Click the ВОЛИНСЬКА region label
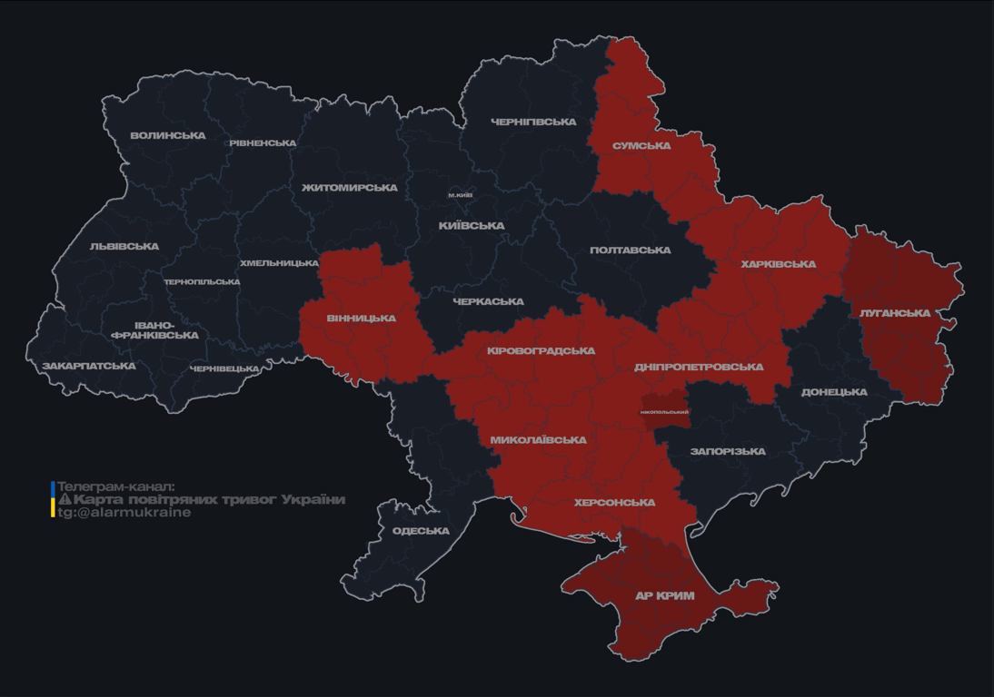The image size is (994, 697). [x=168, y=136]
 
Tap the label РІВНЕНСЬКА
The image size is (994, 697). [x=263, y=143]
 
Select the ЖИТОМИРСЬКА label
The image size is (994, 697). [x=350, y=188]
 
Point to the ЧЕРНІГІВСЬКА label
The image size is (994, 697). [x=533, y=122]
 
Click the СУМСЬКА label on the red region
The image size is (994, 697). [x=641, y=146]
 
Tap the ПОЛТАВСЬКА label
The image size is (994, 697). [x=630, y=250]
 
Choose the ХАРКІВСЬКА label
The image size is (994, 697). [x=778, y=265]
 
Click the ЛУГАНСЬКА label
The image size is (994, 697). [x=895, y=313]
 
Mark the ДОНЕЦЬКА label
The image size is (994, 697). [x=834, y=393]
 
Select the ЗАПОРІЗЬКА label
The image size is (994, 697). [x=728, y=451]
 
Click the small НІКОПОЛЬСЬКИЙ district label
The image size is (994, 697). [x=664, y=412]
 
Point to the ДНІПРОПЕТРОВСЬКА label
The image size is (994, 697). [x=699, y=368]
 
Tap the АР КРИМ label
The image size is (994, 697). [x=664, y=596]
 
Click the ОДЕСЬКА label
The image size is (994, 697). [x=421, y=531]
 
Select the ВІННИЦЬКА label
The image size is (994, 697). [x=361, y=319]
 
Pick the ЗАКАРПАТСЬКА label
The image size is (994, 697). [x=89, y=367]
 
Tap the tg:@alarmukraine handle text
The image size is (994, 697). [x=124, y=513]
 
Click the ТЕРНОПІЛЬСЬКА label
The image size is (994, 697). [x=202, y=282]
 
